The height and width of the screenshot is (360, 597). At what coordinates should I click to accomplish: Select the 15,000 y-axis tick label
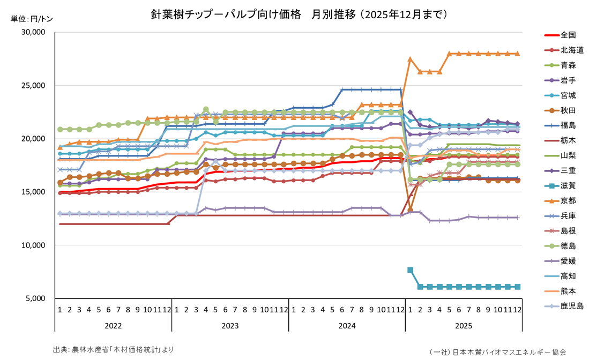[35, 192]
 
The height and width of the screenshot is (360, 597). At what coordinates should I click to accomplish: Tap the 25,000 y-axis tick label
[35, 86]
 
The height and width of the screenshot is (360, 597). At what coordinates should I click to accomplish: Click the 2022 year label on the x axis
[113, 326]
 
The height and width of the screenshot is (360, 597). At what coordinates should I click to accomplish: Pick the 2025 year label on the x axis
[464, 326]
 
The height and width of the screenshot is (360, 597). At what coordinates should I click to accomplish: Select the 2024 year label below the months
[347, 326]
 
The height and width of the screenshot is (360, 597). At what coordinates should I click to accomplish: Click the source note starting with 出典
[114, 349]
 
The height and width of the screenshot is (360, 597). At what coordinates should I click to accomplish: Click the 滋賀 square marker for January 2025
[410, 271]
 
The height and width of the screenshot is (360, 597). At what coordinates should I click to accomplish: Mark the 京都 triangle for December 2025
[518, 54]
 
